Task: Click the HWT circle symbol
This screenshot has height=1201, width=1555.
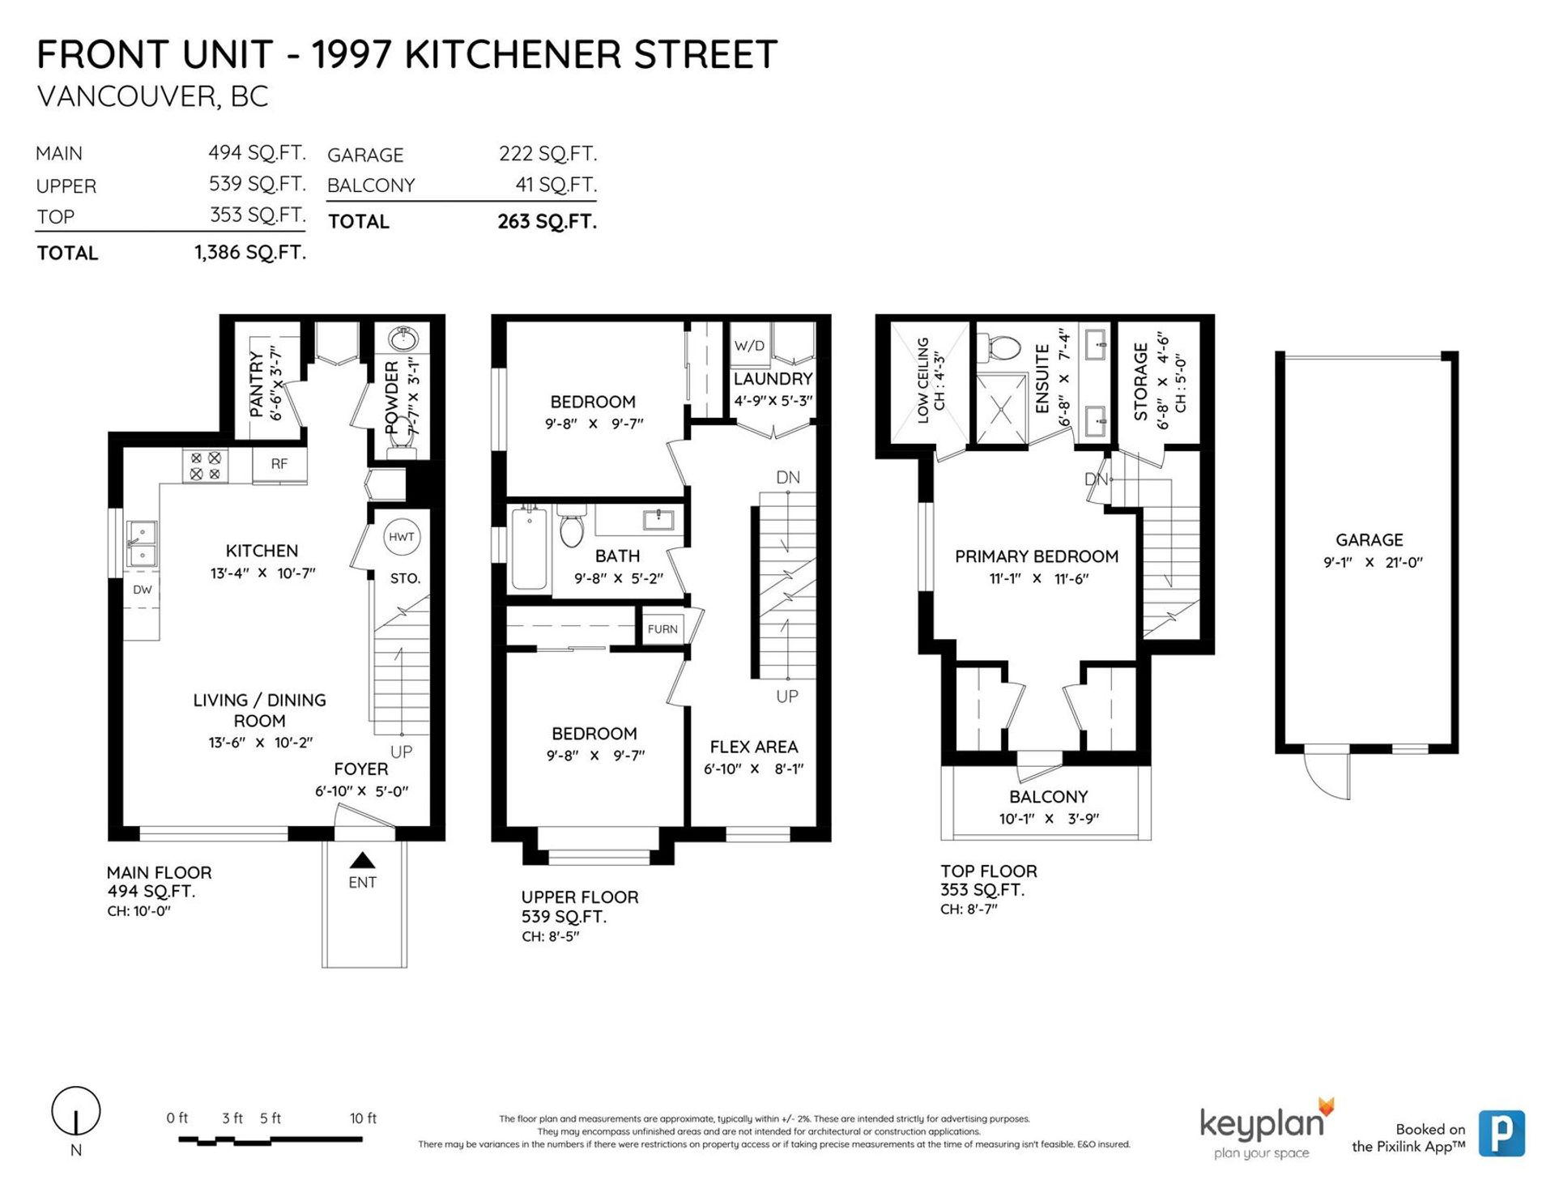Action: tap(401, 537)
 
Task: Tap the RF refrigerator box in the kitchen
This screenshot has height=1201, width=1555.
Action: tap(279, 464)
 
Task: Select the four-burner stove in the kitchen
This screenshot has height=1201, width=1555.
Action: tap(205, 466)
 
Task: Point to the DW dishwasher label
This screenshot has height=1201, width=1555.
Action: tap(143, 590)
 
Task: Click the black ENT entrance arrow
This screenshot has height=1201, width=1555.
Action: tap(363, 860)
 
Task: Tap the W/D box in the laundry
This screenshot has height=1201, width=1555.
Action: tap(749, 346)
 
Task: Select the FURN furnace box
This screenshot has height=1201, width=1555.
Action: tap(662, 628)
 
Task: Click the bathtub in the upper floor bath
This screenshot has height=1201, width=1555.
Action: tap(529, 547)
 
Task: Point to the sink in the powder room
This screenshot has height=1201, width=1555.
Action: tap(403, 337)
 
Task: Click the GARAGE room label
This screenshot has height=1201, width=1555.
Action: tap(1370, 540)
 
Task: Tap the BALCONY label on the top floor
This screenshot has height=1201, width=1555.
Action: tap(1048, 797)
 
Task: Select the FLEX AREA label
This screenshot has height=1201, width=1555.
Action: tap(754, 747)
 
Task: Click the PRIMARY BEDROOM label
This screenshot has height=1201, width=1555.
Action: tap(1037, 556)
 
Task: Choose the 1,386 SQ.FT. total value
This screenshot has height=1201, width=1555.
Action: tap(250, 253)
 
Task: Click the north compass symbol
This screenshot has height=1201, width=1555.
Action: tap(76, 1111)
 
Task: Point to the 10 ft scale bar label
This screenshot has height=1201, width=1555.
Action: tap(363, 1118)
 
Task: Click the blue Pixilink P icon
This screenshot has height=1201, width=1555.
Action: tap(1502, 1133)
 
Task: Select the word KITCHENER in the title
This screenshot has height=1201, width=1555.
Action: tap(513, 55)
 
